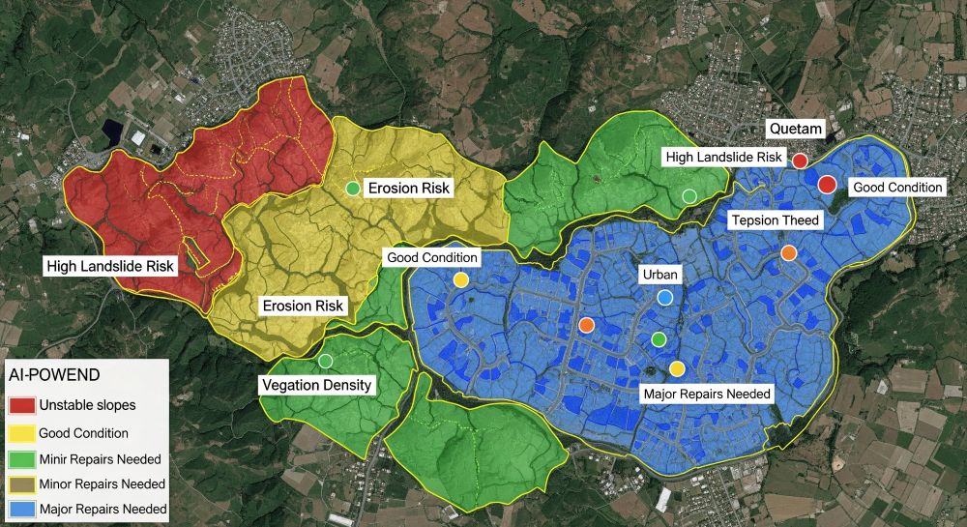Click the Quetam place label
(x=795, y=129)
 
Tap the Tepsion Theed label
(x=775, y=220)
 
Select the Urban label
(x=660, y=275)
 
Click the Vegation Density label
(x=315, y=385)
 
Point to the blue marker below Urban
(x=664, y=297)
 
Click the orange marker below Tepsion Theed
(x=788, y=253)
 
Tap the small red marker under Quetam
(x=800, y=161)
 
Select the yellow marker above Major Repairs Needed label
(x=677, y=368)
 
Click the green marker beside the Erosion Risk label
(x=353, y=188)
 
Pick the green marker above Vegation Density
(x=325, y=361)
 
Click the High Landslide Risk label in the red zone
(x=110, y=265)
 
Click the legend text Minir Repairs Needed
(x=100, y=458)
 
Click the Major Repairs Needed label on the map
(x=707, y=394)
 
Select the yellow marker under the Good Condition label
(x=461, y=279)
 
